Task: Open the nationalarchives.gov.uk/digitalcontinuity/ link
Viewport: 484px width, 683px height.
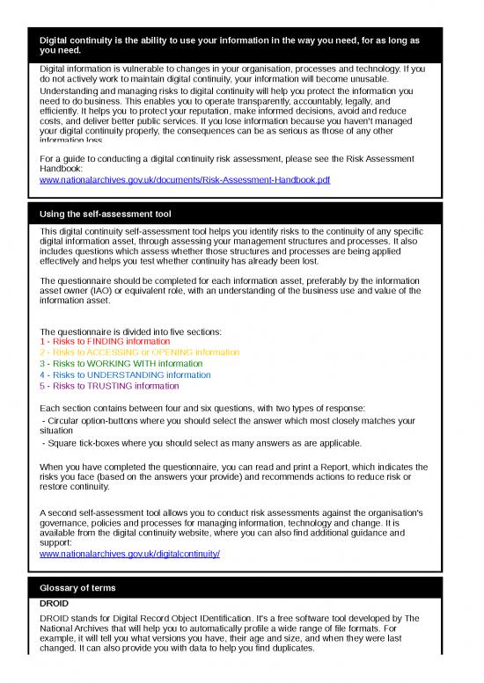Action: tap(130, 555)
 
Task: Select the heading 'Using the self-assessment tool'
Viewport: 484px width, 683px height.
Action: tap(106, 214)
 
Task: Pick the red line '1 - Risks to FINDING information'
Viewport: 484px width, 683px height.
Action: tap(106, 341)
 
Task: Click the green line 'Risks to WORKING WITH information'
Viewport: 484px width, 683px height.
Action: tap(121, 364)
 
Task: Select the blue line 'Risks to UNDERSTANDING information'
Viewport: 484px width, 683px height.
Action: tap(126, 375)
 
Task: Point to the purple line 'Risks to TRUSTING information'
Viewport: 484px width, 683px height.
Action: tap(110, 387)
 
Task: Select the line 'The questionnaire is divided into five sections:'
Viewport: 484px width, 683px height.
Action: tap(131, 331)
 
